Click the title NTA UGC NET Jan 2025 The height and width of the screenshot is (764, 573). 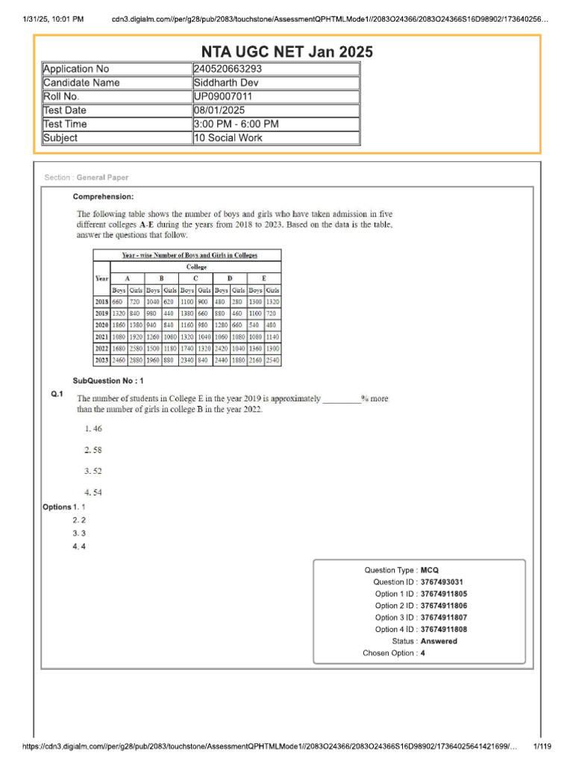286,51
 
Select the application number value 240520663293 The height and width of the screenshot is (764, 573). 228,69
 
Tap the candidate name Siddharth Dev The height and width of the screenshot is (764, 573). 226,83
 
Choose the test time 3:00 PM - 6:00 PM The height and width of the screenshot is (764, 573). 236,124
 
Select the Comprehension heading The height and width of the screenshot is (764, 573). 103,197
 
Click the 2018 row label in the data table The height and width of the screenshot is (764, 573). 101,301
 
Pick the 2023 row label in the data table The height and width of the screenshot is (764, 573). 101,360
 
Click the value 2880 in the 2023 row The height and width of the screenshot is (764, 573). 136,360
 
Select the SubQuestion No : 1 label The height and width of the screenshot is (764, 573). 107,381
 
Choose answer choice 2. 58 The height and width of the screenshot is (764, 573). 93,450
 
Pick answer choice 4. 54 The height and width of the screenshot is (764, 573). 93,492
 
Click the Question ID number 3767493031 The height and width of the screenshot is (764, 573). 446,582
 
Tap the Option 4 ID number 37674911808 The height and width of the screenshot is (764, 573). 448,630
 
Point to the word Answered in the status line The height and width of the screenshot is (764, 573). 439,642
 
